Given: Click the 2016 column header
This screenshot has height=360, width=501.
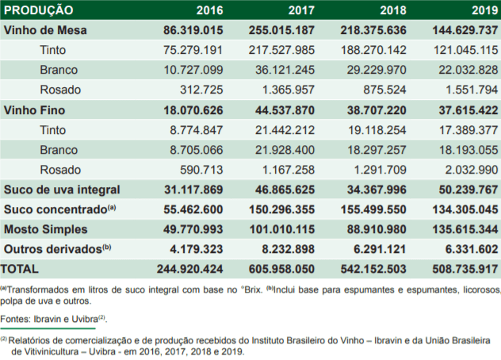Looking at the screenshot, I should tap(208, 10).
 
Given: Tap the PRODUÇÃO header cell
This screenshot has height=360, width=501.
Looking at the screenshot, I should tap(39, 10).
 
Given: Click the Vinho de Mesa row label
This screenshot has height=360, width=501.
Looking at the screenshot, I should tap(45, 30).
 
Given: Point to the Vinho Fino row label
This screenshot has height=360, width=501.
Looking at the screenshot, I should tap(34, 109).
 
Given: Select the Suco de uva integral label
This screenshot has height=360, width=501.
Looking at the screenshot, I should tap(62, 190).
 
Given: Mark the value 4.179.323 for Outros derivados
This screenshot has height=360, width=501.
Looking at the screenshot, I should tap(197, 248).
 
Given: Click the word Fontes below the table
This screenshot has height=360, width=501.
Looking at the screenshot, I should tap(17, 319).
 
